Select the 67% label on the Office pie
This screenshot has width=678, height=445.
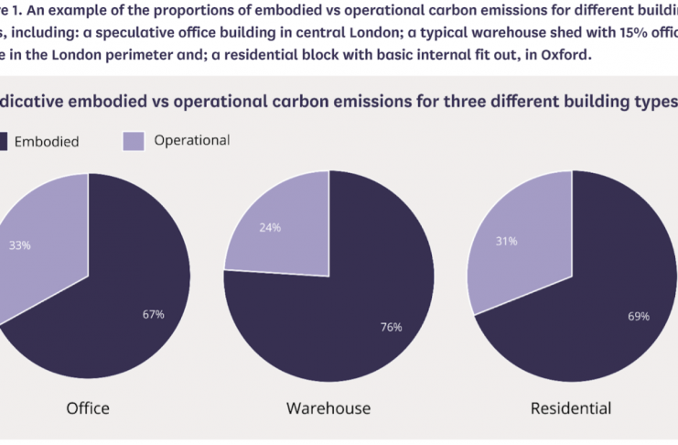(x=153, y=314)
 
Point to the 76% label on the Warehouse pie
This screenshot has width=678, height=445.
(x=391, y=327)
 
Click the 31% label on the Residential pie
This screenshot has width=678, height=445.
(x=506, y=241)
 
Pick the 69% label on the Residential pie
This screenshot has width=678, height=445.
(x=638, y=316)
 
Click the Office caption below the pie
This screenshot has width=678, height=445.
(x=88, y=407)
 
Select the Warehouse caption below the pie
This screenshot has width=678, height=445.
(x=328, y=407)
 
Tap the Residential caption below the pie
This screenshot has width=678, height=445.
(x=572, y=407)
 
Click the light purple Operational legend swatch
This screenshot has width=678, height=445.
(x=133, y=140)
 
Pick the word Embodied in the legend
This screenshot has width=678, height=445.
(x=47, y=141)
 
